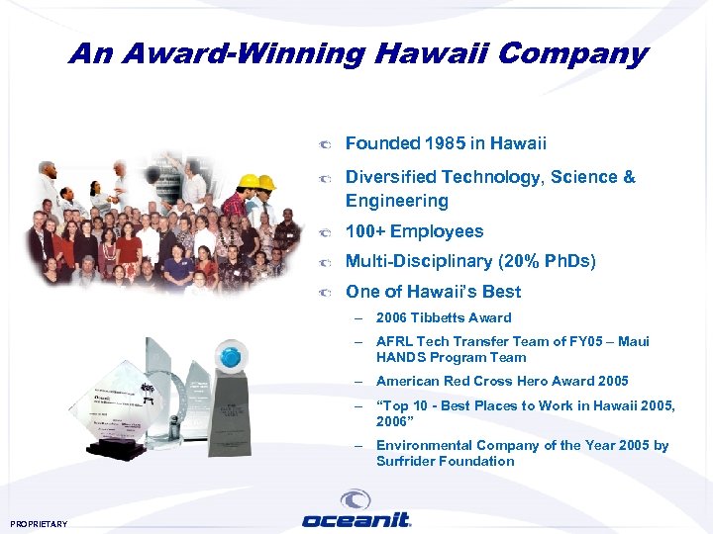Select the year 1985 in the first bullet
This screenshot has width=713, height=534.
[444, 143]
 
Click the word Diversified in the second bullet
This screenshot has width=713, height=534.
[391, 177]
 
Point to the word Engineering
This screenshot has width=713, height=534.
[396, 201]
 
